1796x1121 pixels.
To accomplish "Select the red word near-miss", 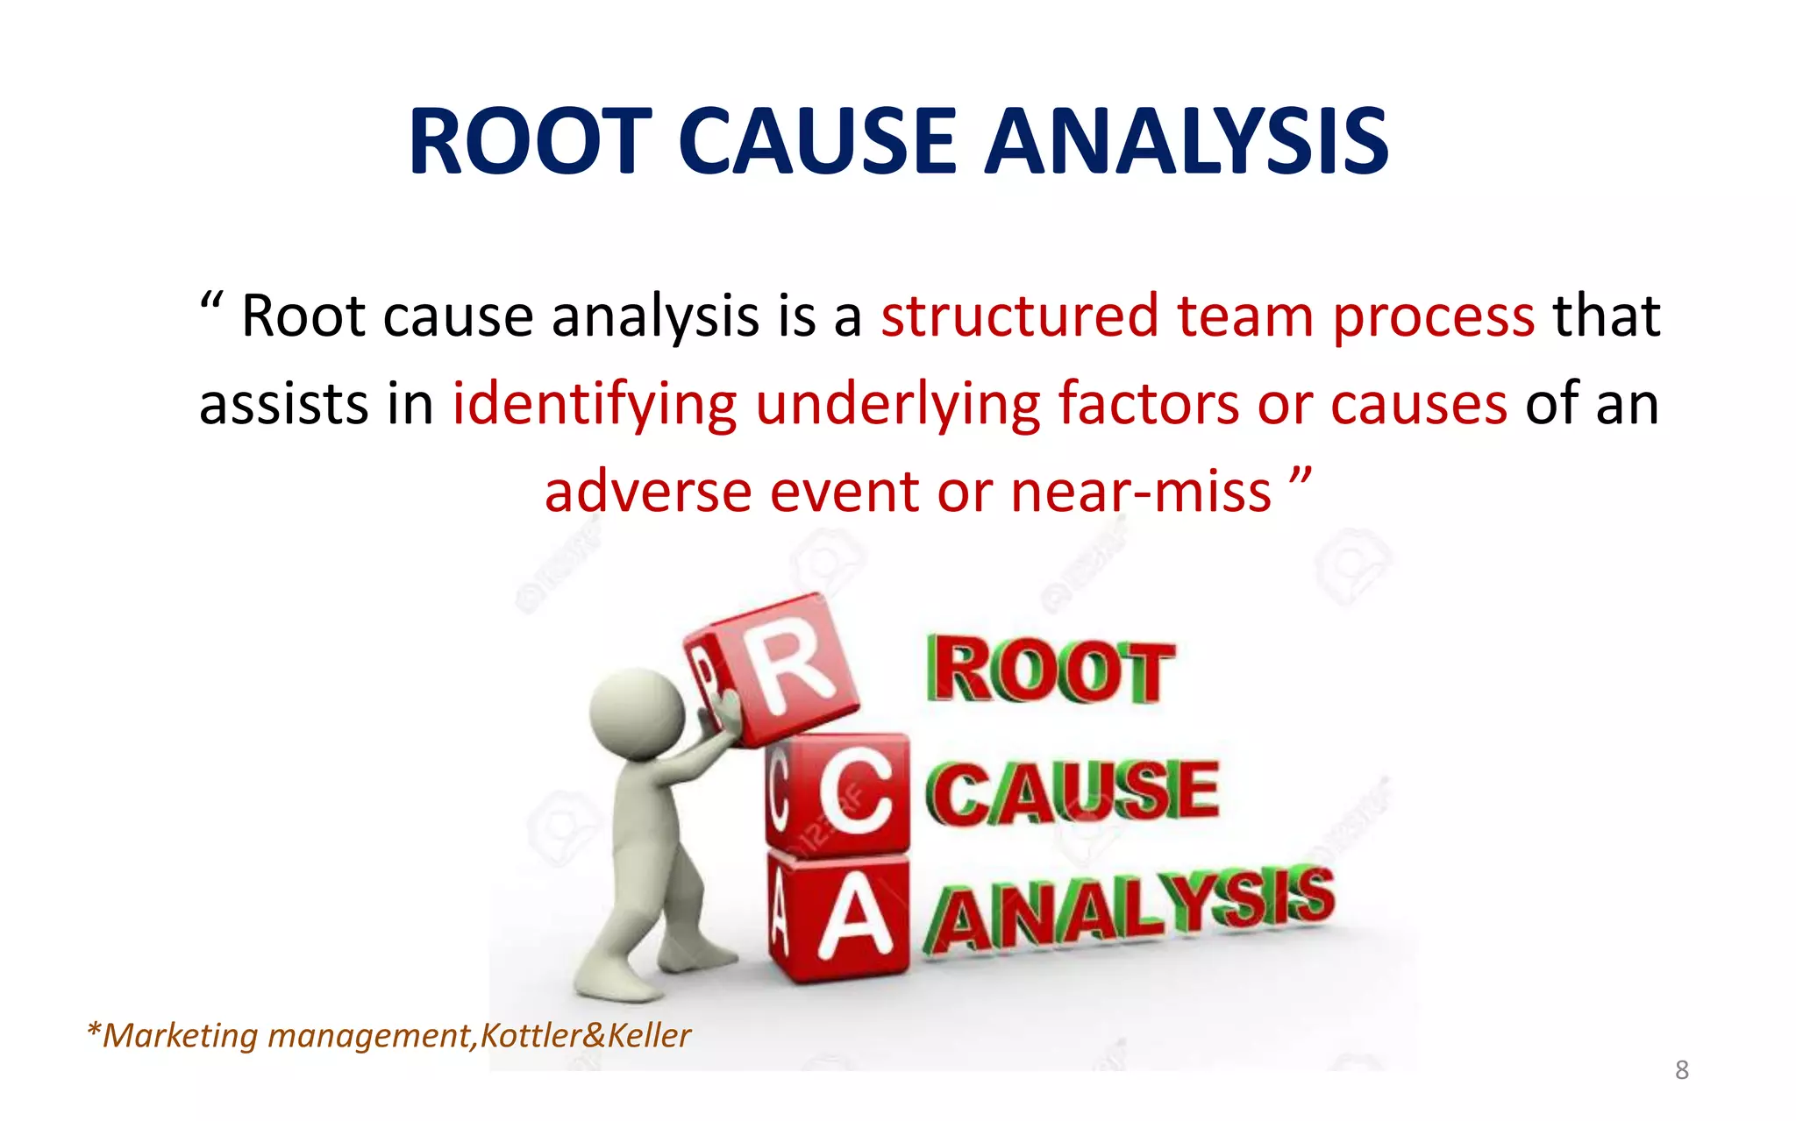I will point(1140,492).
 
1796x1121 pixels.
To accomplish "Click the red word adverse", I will point(647,492).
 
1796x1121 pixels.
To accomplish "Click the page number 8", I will point(1681,1069).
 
